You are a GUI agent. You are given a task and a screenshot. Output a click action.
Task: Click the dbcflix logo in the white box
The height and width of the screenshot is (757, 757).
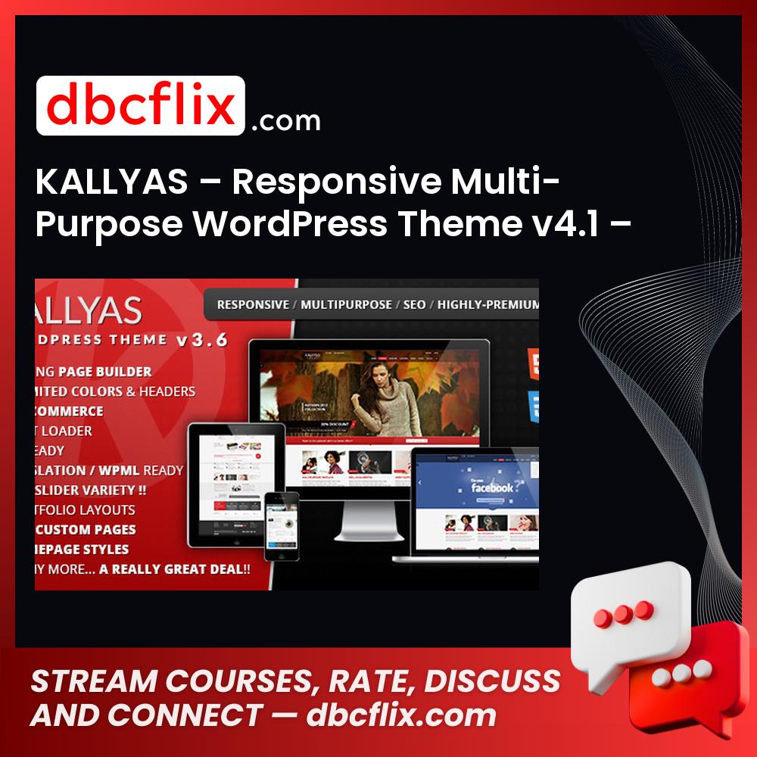tap(141, 106)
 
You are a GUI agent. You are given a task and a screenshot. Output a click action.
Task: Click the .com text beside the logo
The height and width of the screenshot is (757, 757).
tap(286, 121)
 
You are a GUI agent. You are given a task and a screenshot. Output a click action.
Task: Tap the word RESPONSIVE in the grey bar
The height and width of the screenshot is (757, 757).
tap(253, 304)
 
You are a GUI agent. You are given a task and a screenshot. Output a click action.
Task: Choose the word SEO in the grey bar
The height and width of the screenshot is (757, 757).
tap(415, 304)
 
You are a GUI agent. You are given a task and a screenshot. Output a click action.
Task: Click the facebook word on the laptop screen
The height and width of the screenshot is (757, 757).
tap(493, 488)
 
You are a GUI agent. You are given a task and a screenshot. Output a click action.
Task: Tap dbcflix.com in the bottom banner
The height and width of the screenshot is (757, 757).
tap(401, 715)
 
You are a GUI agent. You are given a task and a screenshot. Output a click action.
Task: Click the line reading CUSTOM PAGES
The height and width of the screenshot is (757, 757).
tap(86, 529)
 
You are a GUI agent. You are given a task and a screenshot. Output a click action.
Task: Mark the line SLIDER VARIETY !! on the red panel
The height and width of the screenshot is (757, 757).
tap(91, 490)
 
